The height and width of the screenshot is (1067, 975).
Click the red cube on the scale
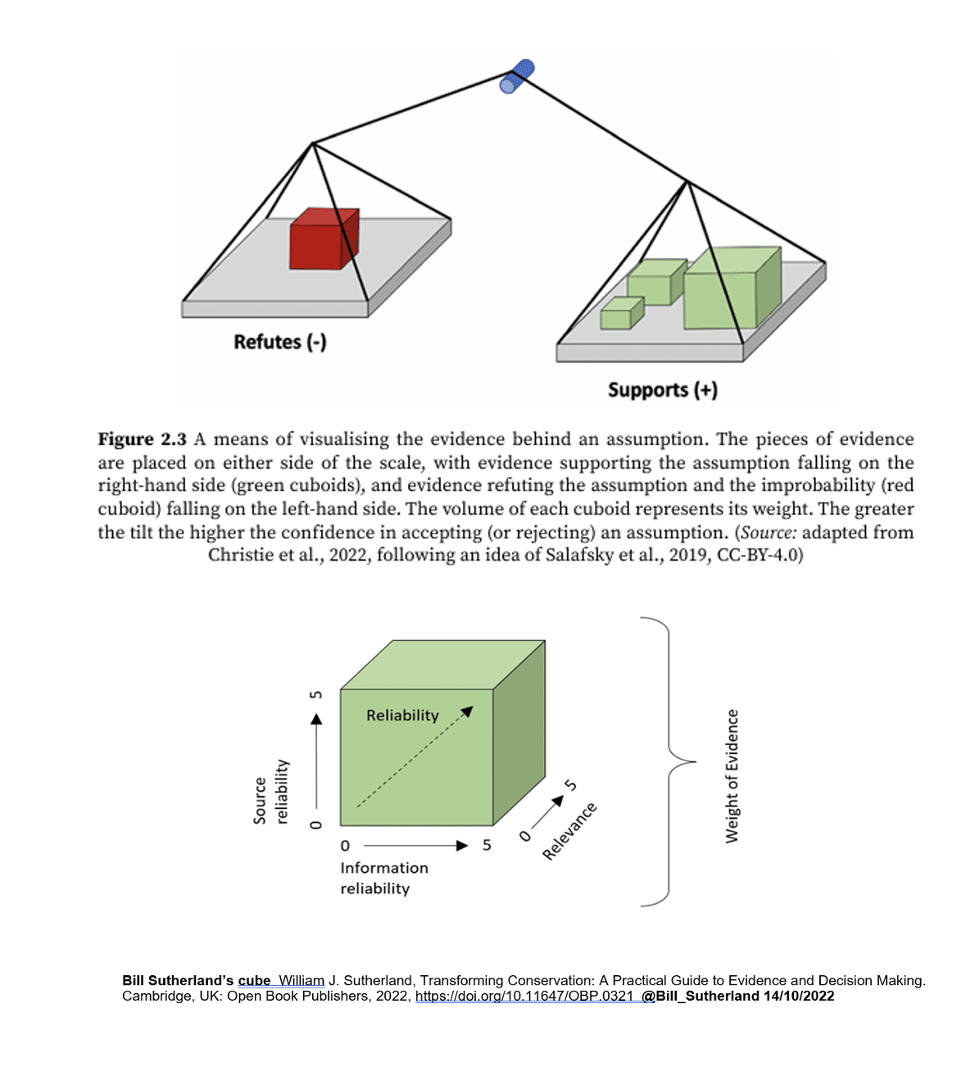(323, 239)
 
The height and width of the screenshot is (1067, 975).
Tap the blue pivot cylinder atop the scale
(517, 76)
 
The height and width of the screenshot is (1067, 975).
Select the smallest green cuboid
(620, 315)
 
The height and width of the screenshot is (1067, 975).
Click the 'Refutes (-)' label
(280, 342)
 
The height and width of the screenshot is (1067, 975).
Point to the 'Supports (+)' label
(662, 390)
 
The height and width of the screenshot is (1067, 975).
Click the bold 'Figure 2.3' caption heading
(142, 439)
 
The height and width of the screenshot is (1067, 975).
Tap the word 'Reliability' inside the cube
(402, 715)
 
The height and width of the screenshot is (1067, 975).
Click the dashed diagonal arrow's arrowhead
(467, 711)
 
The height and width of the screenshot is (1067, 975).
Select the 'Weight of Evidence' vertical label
(732, 775)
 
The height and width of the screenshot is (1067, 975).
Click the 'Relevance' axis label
(569, 832)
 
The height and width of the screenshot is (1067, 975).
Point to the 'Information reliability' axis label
(383, 878)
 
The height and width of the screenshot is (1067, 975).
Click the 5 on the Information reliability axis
(487, 845)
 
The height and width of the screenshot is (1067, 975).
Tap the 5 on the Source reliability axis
(316, 695)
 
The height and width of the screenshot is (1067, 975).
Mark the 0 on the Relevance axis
(525, 835)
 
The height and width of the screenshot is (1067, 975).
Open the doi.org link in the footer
(524, 997)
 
